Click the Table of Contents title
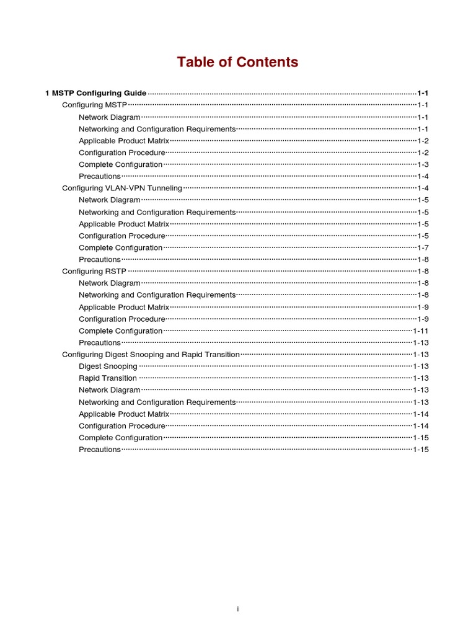click(237, 62)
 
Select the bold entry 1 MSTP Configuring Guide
click(96, 93)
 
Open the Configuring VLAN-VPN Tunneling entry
click(122, 188)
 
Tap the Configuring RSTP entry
click(94, 271)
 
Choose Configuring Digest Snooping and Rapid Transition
click(151, 354)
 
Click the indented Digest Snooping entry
click(108, 366)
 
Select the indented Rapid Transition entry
click(108, 378)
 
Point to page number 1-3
click(423, 164)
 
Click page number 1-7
click(423, 247)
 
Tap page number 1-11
click(421, 331)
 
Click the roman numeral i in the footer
click(237, 609)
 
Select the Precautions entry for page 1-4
click(100, 176)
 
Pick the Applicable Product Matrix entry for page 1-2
click(124, 141)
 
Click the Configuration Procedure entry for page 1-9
click(122, 319)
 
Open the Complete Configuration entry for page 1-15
click(121, 437)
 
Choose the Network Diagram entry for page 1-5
click(110, 200)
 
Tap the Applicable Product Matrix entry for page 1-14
click(124, 414)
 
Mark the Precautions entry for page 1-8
click(100, 259)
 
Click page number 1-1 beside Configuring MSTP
click(423, 105)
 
